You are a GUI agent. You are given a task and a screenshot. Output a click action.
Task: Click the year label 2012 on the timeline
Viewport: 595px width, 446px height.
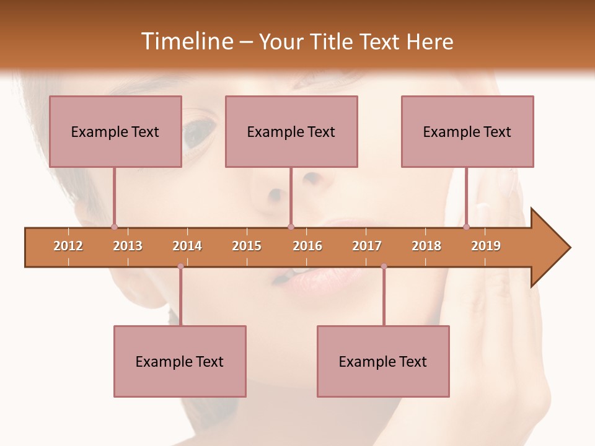[68, 246]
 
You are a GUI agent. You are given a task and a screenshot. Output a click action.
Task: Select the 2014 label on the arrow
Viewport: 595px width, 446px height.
[187, 246]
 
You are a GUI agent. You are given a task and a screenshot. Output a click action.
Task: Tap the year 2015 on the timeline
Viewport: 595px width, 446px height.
[247, 246]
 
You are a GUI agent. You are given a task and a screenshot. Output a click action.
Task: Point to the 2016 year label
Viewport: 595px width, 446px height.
[307, 246]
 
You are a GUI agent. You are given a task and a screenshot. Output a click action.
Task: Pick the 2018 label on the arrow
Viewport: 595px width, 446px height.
[426, 246]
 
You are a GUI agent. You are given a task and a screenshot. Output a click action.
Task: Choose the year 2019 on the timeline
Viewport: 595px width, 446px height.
[486, 246]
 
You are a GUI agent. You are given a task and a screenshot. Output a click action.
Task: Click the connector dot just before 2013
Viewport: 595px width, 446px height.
[114, 227]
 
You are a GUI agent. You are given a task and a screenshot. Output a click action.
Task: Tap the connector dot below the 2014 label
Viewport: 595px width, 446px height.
[180, 266]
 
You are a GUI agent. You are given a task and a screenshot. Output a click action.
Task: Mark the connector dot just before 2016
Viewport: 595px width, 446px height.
[291, 227]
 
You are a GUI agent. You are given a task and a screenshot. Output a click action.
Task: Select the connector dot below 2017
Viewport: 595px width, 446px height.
[384, 266]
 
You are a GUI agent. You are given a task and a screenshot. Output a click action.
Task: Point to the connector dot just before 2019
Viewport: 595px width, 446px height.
[466, 227]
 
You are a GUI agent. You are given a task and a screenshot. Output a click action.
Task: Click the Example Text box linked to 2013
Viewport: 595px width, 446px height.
[115, 131]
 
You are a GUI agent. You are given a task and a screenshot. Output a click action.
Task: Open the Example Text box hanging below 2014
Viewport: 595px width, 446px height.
[180, 361]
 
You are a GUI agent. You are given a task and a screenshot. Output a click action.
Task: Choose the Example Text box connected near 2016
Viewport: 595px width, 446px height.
[291, 131]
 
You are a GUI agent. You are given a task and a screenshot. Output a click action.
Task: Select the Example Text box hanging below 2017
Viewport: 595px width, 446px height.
[383, 361]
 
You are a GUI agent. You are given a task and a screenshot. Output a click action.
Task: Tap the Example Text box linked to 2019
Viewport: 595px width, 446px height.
[467, 131]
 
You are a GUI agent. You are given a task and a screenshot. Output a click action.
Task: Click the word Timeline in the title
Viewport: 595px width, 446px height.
[187, 42]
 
